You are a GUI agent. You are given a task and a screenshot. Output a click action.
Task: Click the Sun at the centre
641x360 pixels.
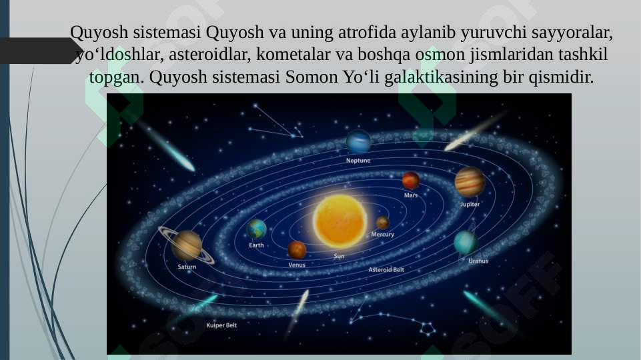tap(340, 221)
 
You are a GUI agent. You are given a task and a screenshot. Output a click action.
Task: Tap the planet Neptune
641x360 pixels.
tap(358, 141)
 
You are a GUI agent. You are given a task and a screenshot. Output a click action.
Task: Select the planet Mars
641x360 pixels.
tap(411, 180)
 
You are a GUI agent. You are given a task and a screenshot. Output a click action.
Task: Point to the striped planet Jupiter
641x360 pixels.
tap(470, 181)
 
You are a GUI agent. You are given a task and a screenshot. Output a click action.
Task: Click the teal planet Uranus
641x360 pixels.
tap(466, 243)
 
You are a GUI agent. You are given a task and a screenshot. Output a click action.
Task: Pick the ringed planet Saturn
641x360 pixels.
tap(187, 245)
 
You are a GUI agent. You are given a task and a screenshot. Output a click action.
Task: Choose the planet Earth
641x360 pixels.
tap(257, 229)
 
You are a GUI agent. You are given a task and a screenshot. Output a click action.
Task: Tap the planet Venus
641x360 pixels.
tap(297, 250)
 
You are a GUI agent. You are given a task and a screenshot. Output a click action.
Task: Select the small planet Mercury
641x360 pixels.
tap(382, 223)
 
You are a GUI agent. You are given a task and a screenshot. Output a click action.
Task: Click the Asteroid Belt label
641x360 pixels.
tap(386, 270)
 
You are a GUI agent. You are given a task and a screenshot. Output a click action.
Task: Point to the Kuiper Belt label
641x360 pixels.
tap(221, 325)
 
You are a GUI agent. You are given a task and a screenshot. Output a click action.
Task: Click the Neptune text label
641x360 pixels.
tap(358, 161)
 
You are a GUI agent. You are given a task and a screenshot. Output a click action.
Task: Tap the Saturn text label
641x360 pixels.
tap(187, 267)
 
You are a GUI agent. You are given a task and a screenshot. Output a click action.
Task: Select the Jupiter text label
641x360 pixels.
tap(470, 204)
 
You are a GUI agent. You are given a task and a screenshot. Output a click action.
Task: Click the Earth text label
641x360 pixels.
tap(256, 245)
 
